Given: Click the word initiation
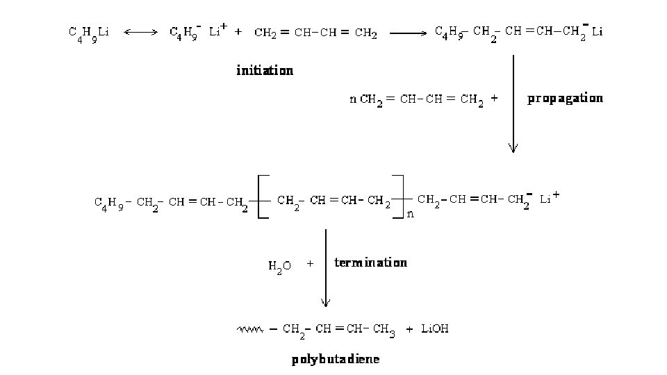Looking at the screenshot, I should [265, 70].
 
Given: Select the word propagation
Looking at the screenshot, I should [565, 99].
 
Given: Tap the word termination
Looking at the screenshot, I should [370, 262].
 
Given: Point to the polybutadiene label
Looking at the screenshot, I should [336, 359].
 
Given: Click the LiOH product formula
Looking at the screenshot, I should [435, 329].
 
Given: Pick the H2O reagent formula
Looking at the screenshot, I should [280, 265].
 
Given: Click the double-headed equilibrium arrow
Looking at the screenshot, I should [141, 32].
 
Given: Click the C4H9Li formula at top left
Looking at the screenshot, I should [88, 33].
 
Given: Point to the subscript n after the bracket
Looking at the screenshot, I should [410, 214].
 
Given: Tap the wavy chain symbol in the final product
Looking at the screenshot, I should [249, 329].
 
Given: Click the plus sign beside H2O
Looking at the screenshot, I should [310, 264].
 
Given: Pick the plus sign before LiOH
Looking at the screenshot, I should [410, 329].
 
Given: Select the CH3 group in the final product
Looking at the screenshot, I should [384, 331].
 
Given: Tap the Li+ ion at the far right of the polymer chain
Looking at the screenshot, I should [550, 199].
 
